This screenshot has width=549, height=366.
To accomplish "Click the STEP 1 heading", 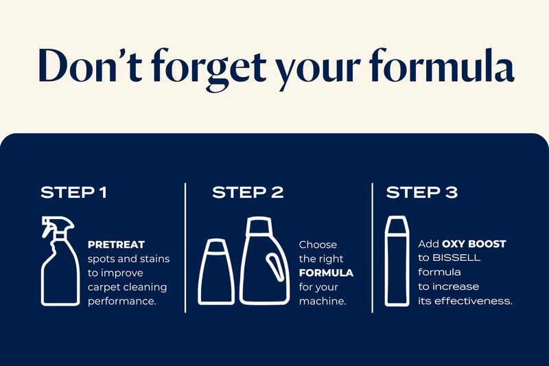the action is pyautogui.click(x=73, y=193).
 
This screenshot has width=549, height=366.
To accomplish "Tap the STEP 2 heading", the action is pyautogui.click(x=248, y=193).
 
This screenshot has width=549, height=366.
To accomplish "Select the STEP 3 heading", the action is pyautogui.click(x=422, y=193).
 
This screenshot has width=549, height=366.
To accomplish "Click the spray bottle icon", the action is pyautogui.click(x=60, y=261).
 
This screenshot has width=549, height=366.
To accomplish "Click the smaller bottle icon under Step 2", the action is pyautogui.click(x=216, y=272).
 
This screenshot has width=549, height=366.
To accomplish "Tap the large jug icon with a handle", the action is pyautogui.click(x=264, y=260).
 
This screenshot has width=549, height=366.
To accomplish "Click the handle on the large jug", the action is pyautogui.click(x=275, y=267).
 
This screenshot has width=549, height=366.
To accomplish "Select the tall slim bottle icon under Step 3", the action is pyautogui.click(x=397, y=261).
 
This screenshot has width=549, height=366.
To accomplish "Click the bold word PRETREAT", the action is pyautogui.click(x=116, y=244).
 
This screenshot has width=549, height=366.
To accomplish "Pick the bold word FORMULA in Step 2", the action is pyautogui.click(x=326, y=273).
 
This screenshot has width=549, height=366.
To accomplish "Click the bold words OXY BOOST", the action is pyautogui.click(x=474, y=244).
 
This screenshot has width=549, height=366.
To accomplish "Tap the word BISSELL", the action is pyautogui.click(x=456, y=258).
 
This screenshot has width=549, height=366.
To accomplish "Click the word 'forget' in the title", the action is pyautogui.click(x=209, y=67).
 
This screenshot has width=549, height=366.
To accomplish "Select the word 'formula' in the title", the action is pyautogui.click(x=442, y=65).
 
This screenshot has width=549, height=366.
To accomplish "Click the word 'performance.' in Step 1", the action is pyautogui.click(x=122, y=301).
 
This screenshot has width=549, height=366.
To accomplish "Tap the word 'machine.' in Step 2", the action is pyautogui.click(x=323, y=301).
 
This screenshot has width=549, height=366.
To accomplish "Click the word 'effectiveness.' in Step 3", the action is pyautogui.click(x=474, y=301).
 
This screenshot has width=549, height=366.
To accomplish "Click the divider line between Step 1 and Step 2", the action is pyautogui.click(x=185, y=248).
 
